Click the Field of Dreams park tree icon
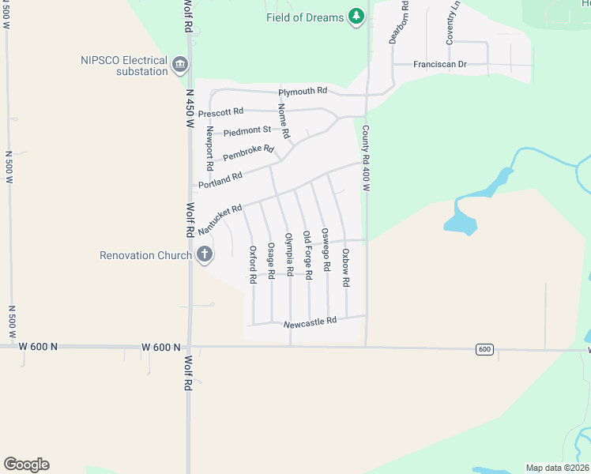356,16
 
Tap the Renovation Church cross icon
205,254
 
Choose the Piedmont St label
247,130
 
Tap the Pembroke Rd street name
248,153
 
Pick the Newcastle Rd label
310,322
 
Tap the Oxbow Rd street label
346,267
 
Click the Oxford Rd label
253,265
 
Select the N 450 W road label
190,107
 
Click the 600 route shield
484,349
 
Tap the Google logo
26,465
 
